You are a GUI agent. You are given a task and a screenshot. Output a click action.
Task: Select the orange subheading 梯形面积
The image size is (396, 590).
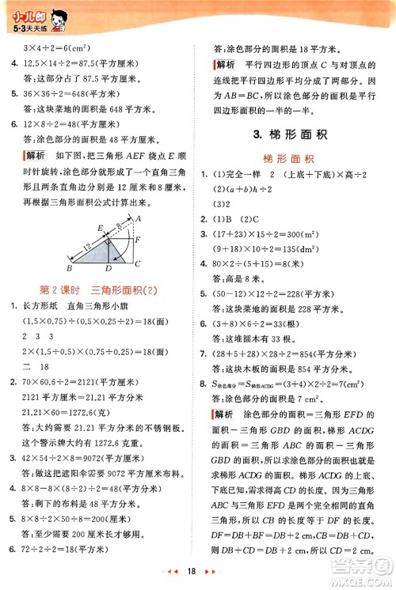(296, 157)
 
